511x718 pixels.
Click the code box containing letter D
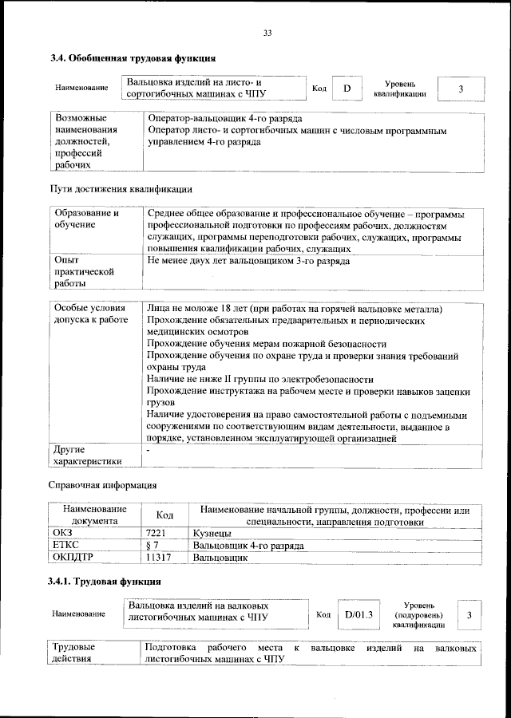pyautogui.click(x=347, y=89)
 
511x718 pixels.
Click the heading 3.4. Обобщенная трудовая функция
pyautogui.click(x=133, y=58)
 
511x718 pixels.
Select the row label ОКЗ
pyautogui.click(x=62, y=532)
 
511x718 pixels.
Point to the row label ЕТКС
pyautogui.click(x=65, y=546)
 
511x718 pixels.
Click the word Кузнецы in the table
pyautogui.click(x=212, y=532)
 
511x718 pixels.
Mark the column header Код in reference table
pyautogui.click(x=164, y=515)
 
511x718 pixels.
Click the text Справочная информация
pyautogui.click(x=103, y=485)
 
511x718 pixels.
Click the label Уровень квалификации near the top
pyautogui.click(x=399, y=89)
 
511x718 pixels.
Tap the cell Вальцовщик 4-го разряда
pyautogui.click(x=248, y=546)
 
